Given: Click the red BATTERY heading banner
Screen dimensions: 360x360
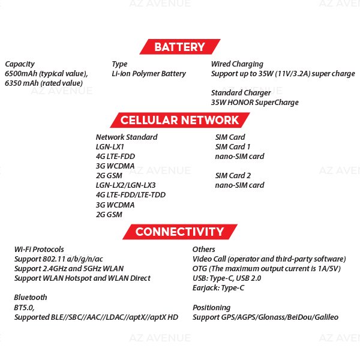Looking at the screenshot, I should click(x=179, y=47).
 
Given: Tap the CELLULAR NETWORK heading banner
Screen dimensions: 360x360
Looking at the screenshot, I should click(x=179, y=119).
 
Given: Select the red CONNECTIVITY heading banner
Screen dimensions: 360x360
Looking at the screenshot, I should click(x=179, y=232).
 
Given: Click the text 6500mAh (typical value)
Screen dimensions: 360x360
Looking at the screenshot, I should click(x=46, y=74).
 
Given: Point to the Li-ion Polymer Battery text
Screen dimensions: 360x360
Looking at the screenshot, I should click(x=149, y=74).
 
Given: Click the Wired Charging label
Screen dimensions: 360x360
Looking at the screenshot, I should click(x=237, y=64).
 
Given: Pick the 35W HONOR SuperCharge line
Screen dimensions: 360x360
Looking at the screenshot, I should click(x=254, y=103).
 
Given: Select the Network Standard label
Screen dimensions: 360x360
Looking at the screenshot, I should click(x=127, y=137).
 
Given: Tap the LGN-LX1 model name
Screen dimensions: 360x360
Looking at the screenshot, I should click(x=110, y=147).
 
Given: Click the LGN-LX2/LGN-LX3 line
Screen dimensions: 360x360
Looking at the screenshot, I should click(x=125, y=185).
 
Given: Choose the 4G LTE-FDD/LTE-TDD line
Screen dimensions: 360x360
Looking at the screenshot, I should click(x=130, y=195).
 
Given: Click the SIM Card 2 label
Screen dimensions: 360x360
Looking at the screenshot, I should click(x=233, y=176).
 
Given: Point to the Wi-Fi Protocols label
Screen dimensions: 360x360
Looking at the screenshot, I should click(x=39, y=250).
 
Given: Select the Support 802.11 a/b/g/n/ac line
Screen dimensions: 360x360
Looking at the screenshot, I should click(x=61, y=259).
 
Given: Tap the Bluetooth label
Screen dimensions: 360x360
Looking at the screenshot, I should click(x=31, y=298).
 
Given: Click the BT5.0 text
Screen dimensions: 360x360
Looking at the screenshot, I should click(x=25, y=307).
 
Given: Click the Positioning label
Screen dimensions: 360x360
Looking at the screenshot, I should click(x=211, y=307).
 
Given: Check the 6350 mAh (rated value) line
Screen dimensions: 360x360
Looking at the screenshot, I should click(x=43, y=83).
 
